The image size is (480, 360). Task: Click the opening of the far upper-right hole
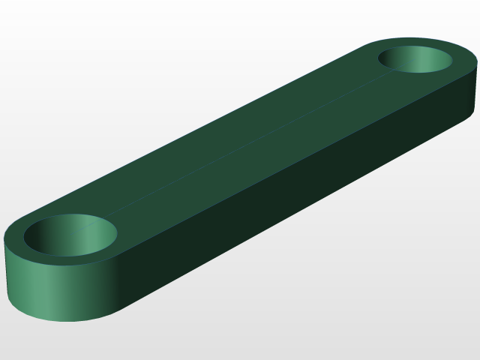point(415,59)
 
